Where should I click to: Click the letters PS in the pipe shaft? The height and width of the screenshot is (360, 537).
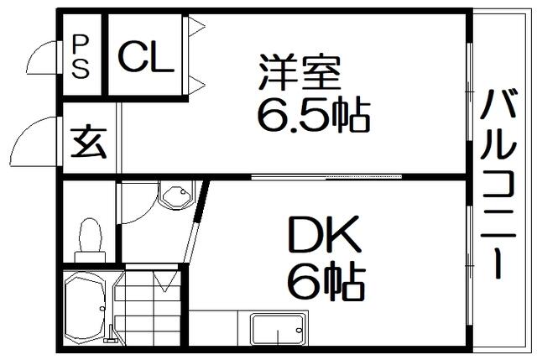tap(82, 55)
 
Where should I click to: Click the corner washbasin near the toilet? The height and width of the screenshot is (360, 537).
tap(177, 198)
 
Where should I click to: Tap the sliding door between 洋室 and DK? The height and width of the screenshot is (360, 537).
tap(327, 177)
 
